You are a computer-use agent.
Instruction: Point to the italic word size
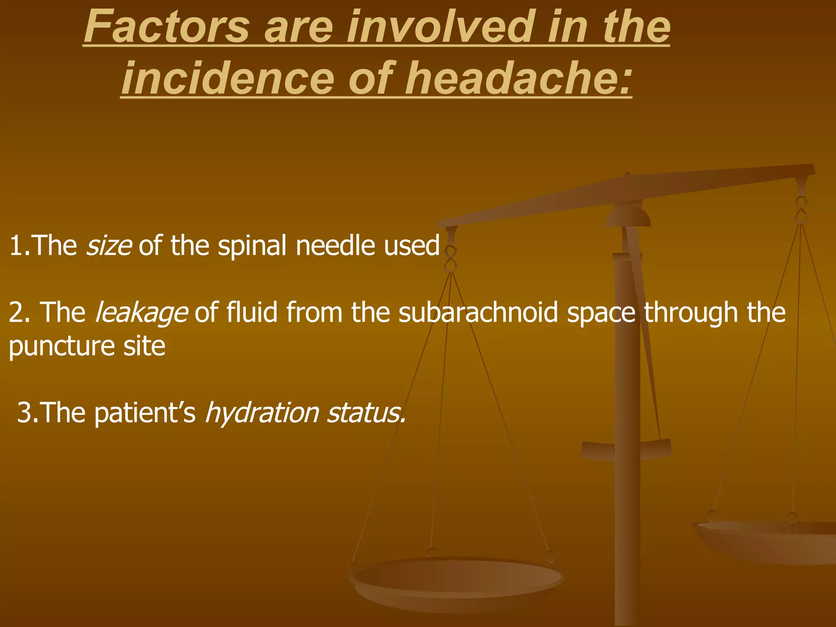(x=109, y=246)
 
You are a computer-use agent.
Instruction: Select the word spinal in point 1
(x=252, y=247)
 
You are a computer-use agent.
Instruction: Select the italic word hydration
(x=262, y=413)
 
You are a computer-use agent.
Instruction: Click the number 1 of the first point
(x=16, y=246)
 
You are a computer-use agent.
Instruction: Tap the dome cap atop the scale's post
(x=628, y=216)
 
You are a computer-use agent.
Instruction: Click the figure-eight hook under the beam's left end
(x=450, y=259)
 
